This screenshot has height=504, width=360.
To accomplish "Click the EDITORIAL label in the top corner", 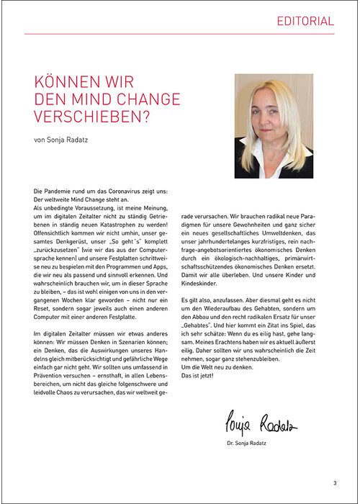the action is point(305,22).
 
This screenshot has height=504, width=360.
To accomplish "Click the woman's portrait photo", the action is point(274,126).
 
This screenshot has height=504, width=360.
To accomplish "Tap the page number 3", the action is point(335,482).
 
